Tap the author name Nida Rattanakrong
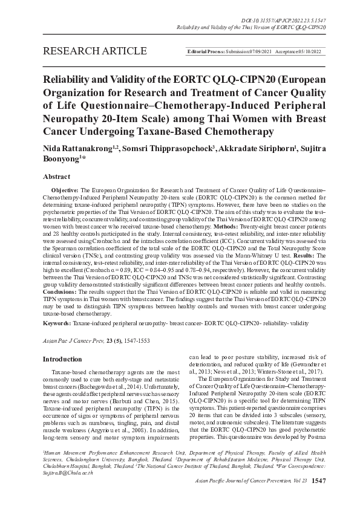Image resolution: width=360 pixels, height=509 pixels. click(x=75, y=149)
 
